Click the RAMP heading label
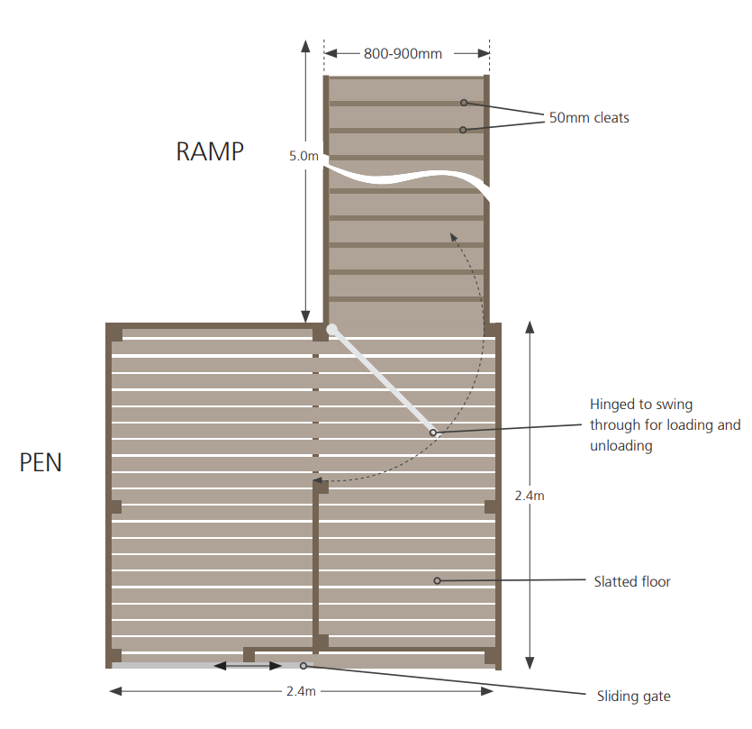pyautogui.click(x=210, y=151)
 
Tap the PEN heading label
pyautogui.click(x=41, y=463)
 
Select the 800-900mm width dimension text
pyautogui.click(x=403, y=53)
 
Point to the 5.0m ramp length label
pyautogui.click(x=304, y=156)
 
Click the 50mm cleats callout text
pyautogui.click(x=589, y=118)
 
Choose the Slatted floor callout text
pyautogui.click(x=632, y=582)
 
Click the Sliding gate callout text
pyautogui.click(x=634, y=696)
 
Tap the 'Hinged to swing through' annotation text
pyautogui.click(x=665, y=424)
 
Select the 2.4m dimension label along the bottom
pyautogui.click(x=301, y=691)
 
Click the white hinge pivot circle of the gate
pyautogui.click(x=332, y=330)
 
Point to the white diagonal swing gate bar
pyautogui.click(x=382, y=381)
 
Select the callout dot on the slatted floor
pyautogui.click(x=437, y=580)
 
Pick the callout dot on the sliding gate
pyautogui.click(x=304, y=666)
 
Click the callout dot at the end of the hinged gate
pyautogui.click(x=432, y=433)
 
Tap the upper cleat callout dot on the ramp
pyautogui.click(x=464, y=103)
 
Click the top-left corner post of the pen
pyautogui.click(x=114, y=333)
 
